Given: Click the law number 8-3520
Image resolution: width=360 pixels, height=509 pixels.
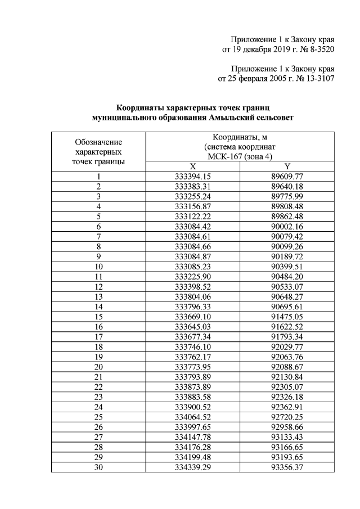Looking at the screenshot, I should [319, 49].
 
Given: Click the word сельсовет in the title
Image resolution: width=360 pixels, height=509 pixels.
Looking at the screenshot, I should [273, 117].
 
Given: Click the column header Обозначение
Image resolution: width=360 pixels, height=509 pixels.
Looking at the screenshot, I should [99, 142].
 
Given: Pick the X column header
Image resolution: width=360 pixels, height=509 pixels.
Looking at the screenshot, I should [193, 166].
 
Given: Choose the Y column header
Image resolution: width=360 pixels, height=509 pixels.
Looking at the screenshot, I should [287, 166].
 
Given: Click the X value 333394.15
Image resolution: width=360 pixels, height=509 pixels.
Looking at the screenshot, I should [193, 176].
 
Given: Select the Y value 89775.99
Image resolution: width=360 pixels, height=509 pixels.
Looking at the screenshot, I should [287, 196].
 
